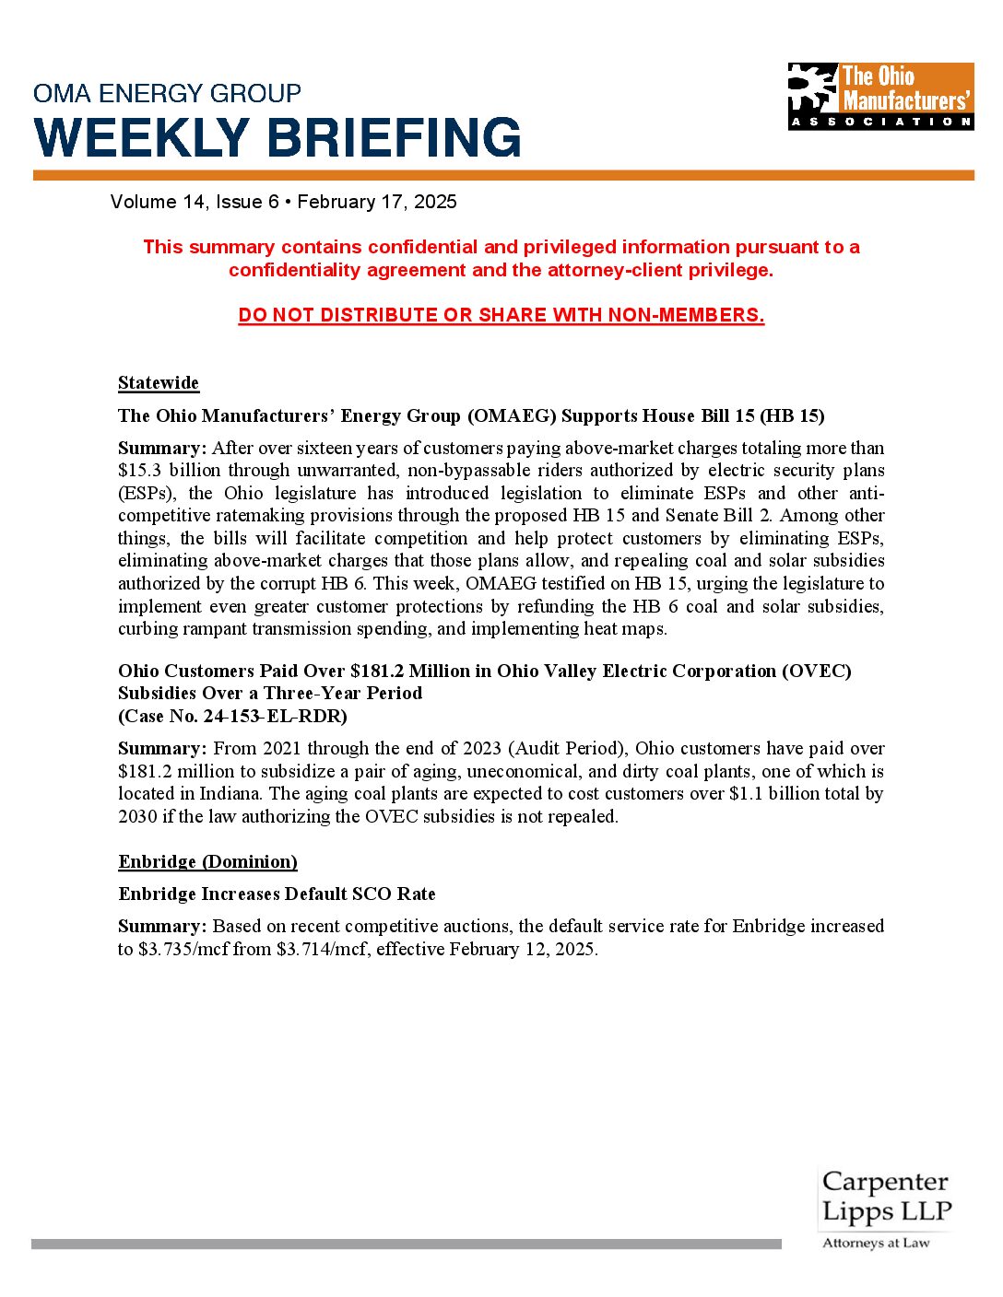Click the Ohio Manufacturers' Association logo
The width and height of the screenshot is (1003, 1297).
coord(880,96)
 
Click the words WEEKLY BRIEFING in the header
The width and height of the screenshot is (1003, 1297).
coord(277,138)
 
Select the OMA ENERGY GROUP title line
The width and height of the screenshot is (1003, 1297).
coord(167,93)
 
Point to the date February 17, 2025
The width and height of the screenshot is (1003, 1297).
coord(377,202)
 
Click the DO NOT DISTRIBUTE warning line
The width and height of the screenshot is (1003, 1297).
coord(501,315)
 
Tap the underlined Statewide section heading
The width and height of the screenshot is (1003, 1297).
coord(159,382)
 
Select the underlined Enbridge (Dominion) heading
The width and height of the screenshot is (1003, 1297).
coord(207,861)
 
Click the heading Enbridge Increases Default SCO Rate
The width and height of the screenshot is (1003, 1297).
coord(277,894)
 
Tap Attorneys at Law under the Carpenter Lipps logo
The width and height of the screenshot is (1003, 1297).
coord(876,1243)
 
